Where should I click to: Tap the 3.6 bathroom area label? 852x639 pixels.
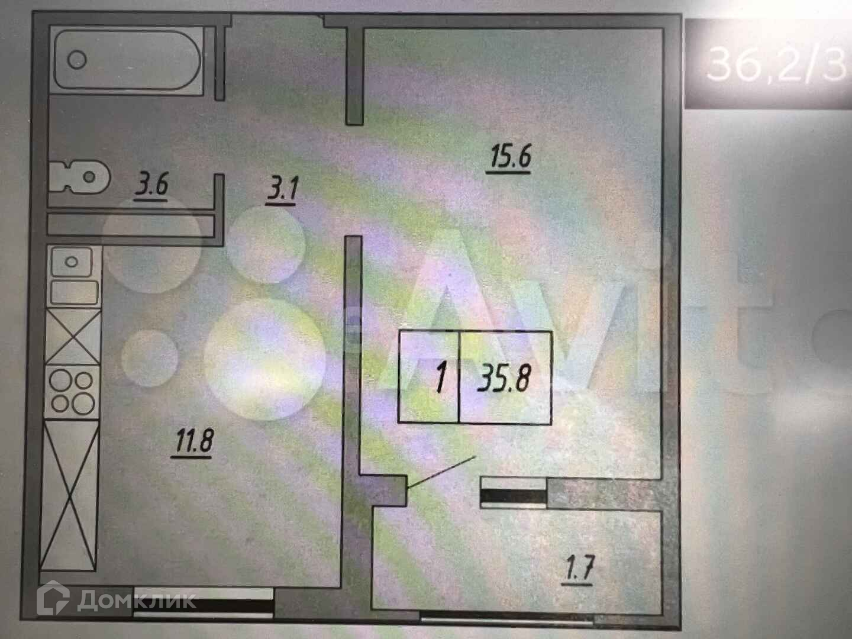tap(151, 186)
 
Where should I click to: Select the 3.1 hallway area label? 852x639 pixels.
tap(284, 191)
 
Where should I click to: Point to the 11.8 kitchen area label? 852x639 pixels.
tap(193, 441)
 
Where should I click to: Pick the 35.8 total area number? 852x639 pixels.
tap(504, 378)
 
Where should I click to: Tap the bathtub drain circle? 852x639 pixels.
tap(78, 59)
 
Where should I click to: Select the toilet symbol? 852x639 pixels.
tap(80, 176)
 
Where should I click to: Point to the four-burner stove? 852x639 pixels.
tap(72, 392)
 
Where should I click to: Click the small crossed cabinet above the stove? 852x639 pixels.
tap(72, 335)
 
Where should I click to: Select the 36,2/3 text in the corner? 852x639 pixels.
tap(775, 63)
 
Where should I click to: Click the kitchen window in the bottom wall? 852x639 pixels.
tap(204, 605)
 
